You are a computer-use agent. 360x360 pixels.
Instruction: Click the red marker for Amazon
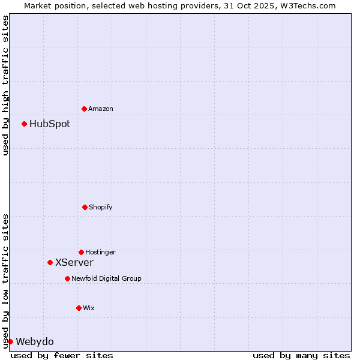click(84, 109)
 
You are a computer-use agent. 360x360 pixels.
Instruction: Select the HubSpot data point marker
click(24, 124)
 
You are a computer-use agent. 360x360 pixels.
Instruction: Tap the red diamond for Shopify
click(85, 207)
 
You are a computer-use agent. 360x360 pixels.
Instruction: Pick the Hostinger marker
click(81, 252)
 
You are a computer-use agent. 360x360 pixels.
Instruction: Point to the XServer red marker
click(50, 262)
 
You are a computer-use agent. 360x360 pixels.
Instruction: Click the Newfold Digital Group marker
click(67, 278)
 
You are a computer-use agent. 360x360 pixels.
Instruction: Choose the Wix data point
click(79, 308)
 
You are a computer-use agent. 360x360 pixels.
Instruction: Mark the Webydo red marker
click(10, 341)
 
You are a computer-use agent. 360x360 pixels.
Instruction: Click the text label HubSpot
click(50, 124)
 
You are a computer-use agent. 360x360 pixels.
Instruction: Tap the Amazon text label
click(101, 109)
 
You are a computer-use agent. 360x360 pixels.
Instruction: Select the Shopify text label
click(101, 208)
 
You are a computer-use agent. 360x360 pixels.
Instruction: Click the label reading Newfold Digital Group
click(106, 279)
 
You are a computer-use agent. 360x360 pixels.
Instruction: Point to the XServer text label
click(74, 263)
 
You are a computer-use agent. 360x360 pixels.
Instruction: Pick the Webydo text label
click(35, 342)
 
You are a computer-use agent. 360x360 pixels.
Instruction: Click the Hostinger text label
click(100, 253)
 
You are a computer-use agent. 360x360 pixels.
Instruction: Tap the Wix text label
click(89, 308)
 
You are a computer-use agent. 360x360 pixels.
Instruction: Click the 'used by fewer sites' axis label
click(62, 355)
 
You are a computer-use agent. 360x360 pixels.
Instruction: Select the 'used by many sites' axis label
click(301, 355)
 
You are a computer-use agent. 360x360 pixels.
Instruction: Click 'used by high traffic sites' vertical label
click(5, 85)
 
